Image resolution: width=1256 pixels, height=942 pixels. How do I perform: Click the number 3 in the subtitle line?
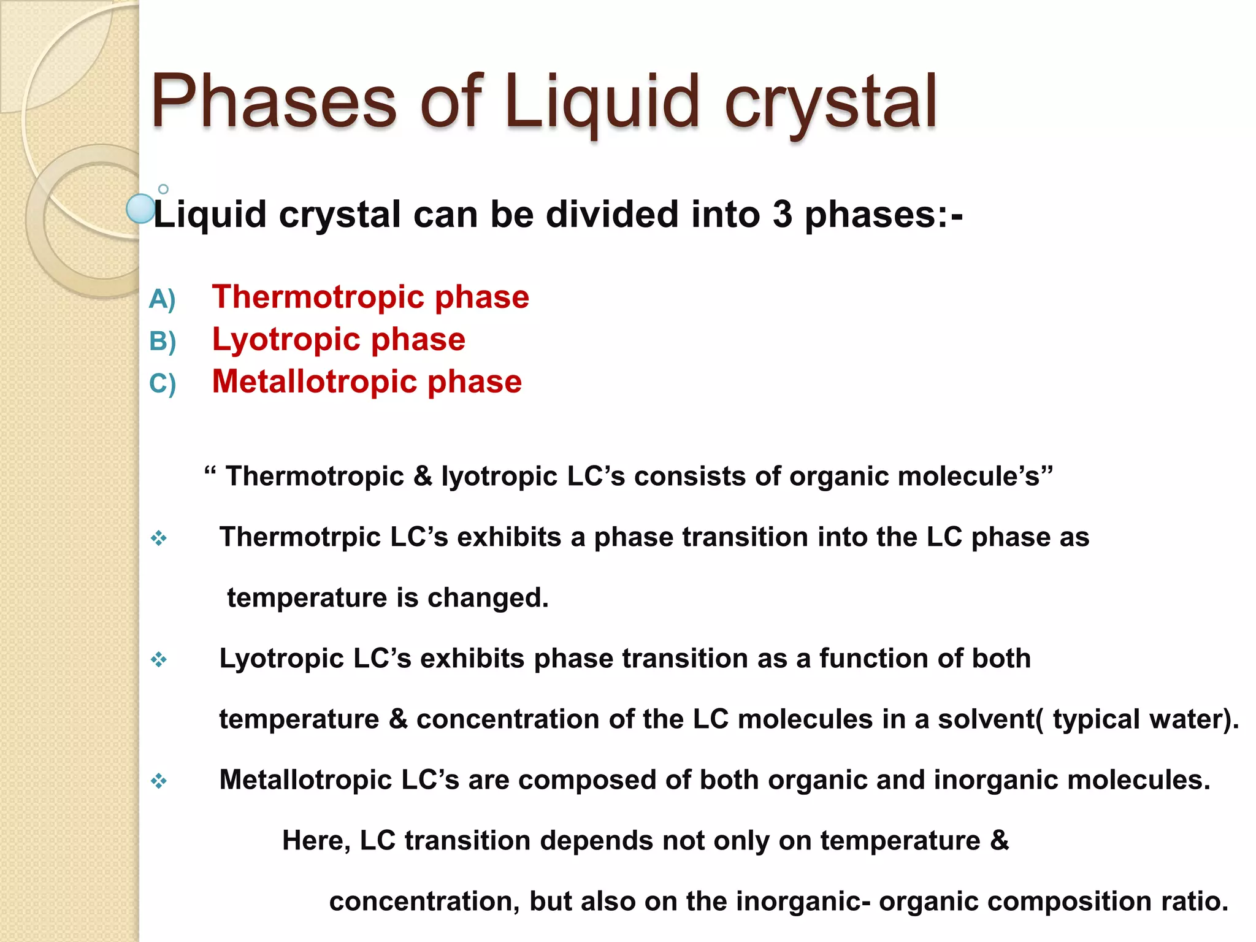click(782, 215)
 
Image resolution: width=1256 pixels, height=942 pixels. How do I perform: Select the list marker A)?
click(163, 299)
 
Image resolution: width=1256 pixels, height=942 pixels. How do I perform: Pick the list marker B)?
click(163, 342)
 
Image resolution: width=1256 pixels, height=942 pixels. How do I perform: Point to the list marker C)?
click(163, 384)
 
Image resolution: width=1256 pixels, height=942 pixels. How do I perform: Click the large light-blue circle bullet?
click(140, 209)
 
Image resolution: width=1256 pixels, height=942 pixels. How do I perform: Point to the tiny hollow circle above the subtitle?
click(163, 189)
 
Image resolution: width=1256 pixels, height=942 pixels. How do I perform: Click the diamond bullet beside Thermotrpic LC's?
click(159, 538)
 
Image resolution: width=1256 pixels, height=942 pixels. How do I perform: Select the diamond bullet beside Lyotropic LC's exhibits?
click(159, 660)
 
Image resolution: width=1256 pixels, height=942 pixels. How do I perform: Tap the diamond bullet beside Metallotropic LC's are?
click(159, 781)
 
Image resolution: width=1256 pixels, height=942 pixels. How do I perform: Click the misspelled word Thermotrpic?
click(301, 537)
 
